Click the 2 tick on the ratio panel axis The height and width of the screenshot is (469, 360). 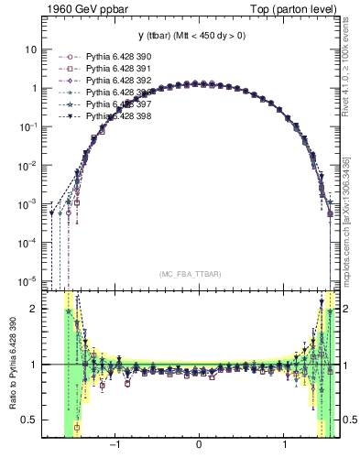pyautogui.click(x=33, y=309)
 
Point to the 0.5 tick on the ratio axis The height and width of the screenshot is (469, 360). pyautogui.click(x=27, y=420)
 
